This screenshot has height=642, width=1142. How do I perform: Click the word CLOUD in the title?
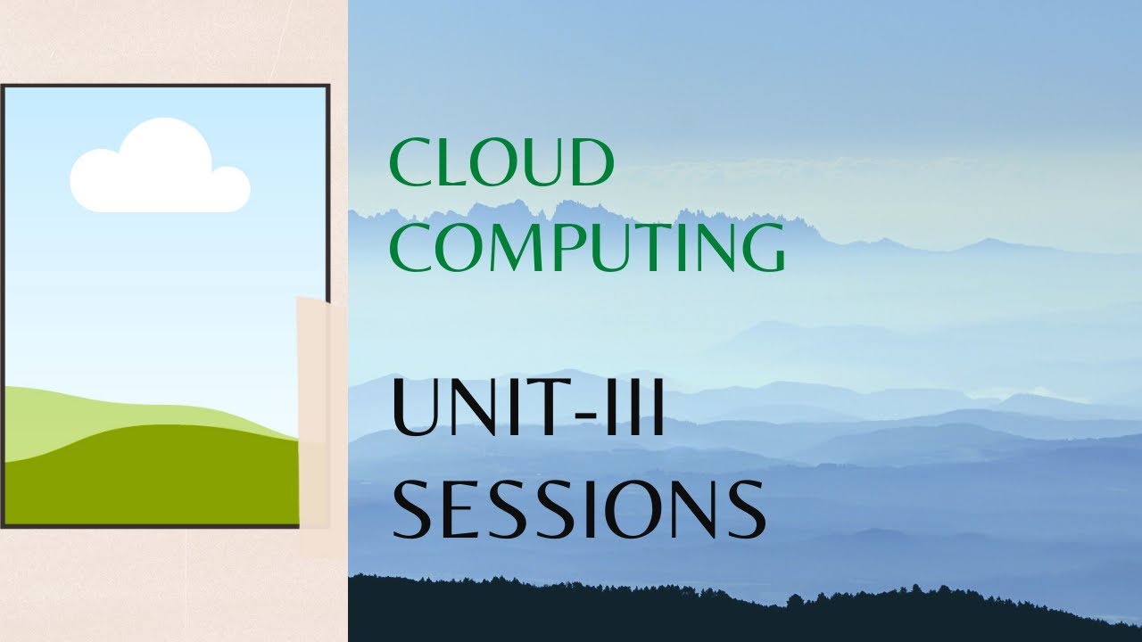point(501,163)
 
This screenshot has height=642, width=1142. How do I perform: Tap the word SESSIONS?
point(578,511)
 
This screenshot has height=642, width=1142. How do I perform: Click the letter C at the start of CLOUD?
point(409,163)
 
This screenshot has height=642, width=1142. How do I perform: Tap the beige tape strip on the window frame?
point(313,410)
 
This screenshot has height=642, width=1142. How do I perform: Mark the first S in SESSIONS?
point(413,511)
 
